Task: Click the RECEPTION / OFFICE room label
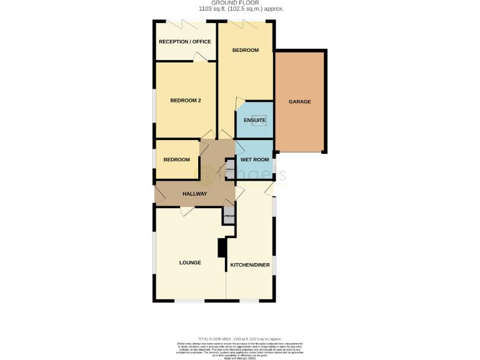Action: pos(185,42)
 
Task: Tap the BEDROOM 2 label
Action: pos(185,100)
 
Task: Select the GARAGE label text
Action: pos(299,102)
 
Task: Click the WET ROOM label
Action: pos(255,159)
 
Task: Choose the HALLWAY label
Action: pos(194,194)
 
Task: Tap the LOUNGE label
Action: pos(190,262)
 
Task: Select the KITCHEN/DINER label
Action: pos(250,265)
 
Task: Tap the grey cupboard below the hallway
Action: pos(229,217)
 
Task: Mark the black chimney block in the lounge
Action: pos(221,248)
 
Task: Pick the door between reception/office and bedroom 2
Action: pos(199,57)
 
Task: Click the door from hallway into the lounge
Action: pos(187,211)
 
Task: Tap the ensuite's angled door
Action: pos(240,104)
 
